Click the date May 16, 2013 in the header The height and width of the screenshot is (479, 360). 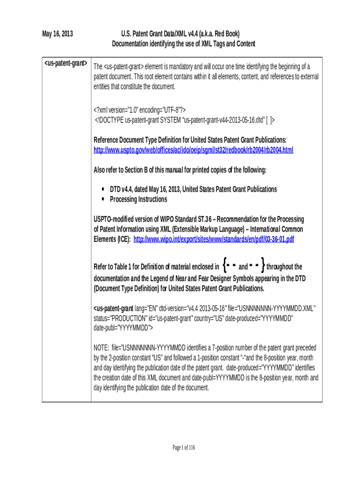pyautogui.click(x=58, y=34)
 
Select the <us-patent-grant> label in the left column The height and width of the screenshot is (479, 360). pyautogui.click(x=65, y=63)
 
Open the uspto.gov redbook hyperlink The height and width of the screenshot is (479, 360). pyautogui.click(x=194, y=150)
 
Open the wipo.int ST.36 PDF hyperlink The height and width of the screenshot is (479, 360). pyautogui.click(x=214, y=239)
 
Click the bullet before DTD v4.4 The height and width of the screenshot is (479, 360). pyautogui.click(x=103, y=189)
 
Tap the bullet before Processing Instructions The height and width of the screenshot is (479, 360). pyautogui.click(x=103, y=199)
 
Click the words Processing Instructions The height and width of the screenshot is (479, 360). pyautogui.click(x=138, y=199)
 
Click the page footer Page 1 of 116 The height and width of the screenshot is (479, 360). pyautogui.click(x=183, y=448)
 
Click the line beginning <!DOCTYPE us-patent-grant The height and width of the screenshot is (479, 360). pyautogui.click(x=185, y=120)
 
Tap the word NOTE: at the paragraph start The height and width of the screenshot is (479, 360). pyautogui.click(x=102, y=348)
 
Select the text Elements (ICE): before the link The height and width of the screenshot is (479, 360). pyautogui.click(x=113, y=239)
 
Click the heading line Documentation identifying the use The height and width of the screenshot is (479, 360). pyautogui.click(x=183, y=44)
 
